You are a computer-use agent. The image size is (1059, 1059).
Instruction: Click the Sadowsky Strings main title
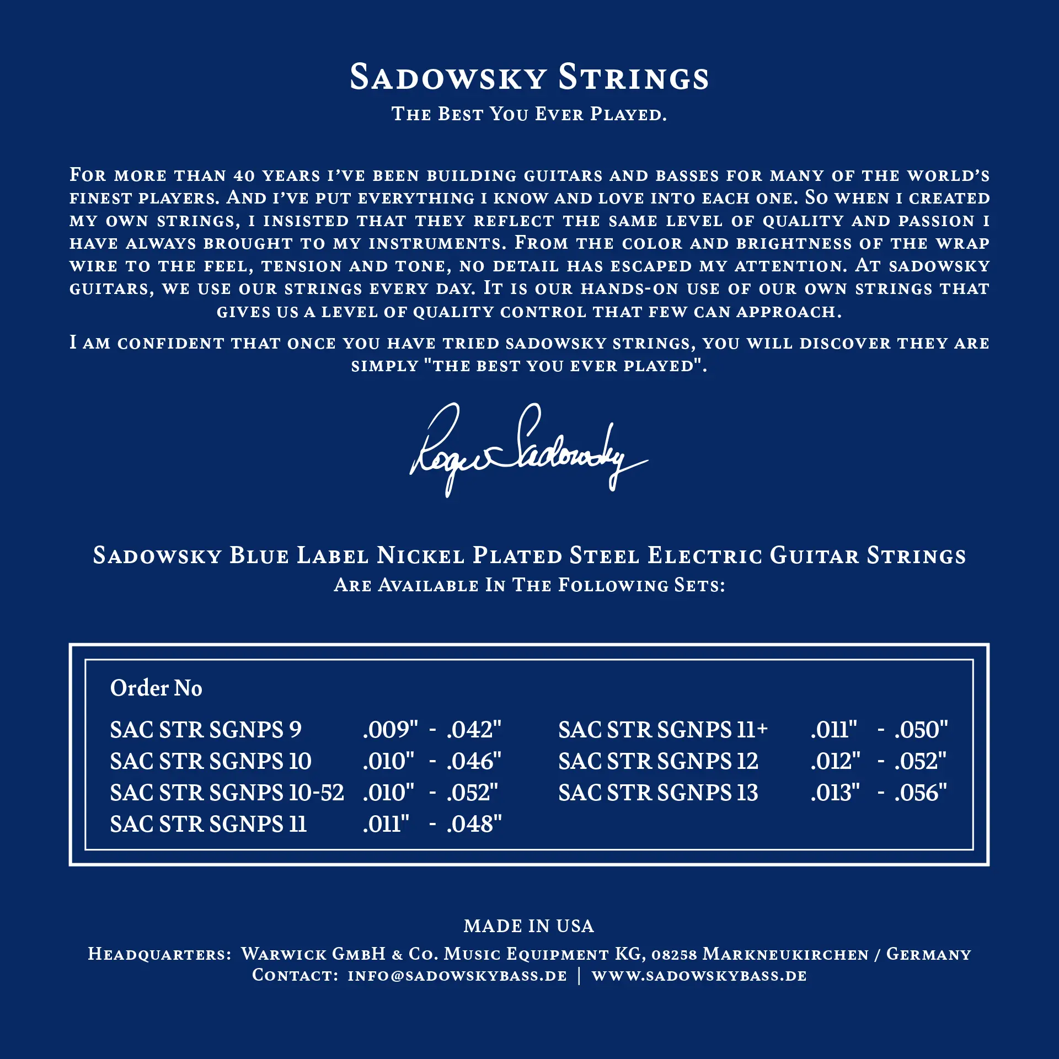[529, 77]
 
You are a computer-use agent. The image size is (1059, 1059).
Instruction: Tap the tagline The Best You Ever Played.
[529, 114]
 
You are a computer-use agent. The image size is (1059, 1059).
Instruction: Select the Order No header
[156, 688]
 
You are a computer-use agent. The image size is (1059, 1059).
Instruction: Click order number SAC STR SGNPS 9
[206, 730]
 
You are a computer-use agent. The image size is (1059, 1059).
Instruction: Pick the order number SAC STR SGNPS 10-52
[227, 793]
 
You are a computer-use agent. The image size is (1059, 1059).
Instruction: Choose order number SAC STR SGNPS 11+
[663, 730]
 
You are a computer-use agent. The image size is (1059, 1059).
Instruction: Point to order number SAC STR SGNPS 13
[658, 793]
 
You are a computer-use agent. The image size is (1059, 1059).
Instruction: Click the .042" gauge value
[474, 730]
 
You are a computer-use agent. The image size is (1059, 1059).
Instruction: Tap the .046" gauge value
[474, 761]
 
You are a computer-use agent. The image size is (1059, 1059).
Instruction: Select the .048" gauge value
[474, 824]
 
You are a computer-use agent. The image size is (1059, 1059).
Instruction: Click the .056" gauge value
[921, 793]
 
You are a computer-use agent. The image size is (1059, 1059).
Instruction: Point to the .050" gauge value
[921, 730]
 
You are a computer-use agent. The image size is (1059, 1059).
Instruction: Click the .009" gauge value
[390, 730]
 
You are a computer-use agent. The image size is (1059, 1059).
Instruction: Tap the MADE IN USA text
[529, 926]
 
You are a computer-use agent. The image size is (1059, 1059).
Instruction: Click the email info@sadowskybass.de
[457, 976]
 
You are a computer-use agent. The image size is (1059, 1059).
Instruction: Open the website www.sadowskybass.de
[699, 976]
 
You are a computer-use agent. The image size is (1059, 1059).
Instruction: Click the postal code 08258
[674, 955]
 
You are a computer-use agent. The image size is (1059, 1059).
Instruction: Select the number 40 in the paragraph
[244, 176]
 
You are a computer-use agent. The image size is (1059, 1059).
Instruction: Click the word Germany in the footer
[929, 954]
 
